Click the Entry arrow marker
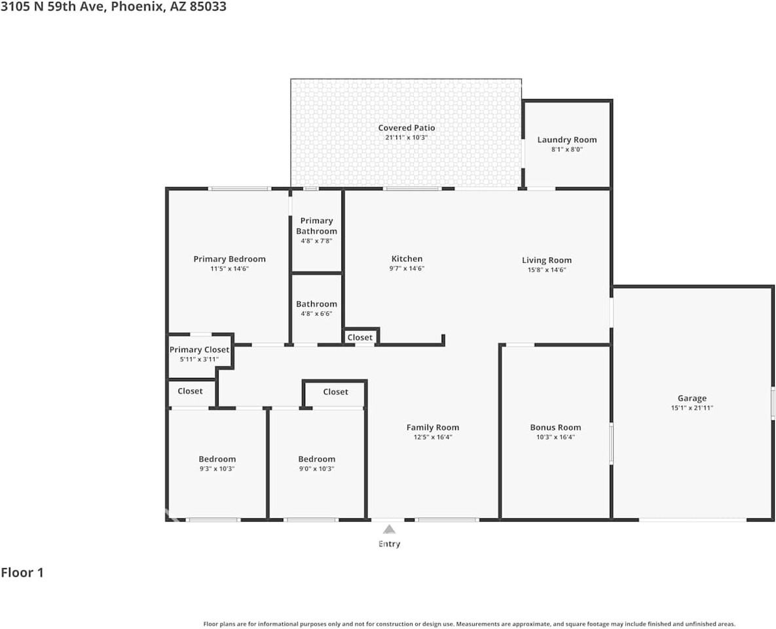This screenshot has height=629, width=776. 389,529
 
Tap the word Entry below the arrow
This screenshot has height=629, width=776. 389,544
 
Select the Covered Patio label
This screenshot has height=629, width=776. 406,128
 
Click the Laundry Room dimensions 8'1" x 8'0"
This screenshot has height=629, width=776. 566,149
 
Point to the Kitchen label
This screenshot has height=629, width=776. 407,259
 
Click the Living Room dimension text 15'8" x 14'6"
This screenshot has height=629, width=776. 546,269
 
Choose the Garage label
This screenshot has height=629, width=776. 692,398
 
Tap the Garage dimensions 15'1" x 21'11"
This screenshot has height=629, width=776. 692,408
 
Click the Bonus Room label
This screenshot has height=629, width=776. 555,427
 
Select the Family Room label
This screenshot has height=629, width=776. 432,427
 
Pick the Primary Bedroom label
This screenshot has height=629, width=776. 229,259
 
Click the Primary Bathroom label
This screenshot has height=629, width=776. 316,225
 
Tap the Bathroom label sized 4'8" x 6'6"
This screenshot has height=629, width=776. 316,304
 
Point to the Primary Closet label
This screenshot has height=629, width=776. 199,350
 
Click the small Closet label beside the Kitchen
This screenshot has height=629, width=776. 360,337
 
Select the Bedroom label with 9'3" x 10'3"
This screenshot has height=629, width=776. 217,459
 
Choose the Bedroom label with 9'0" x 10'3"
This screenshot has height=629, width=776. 316,459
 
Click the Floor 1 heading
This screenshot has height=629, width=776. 22,573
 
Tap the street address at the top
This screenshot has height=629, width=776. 113,7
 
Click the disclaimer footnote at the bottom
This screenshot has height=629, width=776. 469,624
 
